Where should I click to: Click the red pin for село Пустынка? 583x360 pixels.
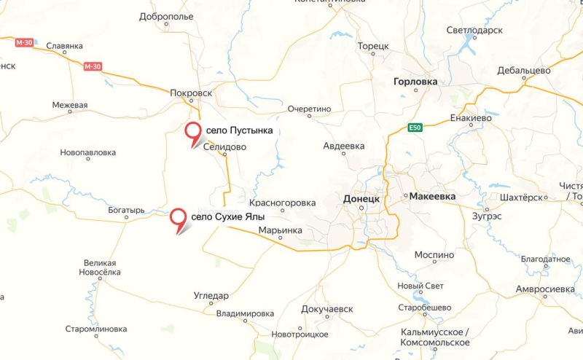point(193,132)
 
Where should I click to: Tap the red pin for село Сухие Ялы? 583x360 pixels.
point(178,217)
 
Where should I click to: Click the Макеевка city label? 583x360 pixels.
point(432,197)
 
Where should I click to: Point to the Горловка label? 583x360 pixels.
point(415,82)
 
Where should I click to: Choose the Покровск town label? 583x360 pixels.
point(190,93)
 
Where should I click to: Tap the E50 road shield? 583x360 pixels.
point(415,128)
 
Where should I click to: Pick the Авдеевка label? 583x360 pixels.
point(344,146)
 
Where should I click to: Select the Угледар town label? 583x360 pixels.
point(211,296)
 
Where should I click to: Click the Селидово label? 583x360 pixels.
point(224,146)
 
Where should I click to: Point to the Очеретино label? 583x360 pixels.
point(309,109)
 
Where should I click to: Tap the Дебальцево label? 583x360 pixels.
point(524,71)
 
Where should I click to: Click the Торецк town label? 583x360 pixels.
point(373,46)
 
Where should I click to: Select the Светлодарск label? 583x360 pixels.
point(474,30)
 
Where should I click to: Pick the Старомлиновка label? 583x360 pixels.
point(95,329)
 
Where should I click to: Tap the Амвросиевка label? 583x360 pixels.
point(545,289)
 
